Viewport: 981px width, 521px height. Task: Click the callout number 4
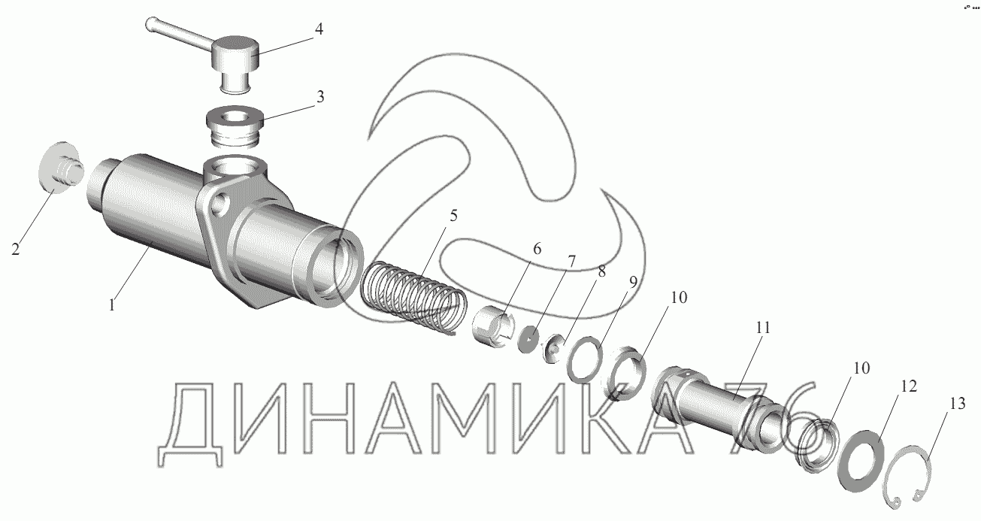pyautogui.click(x=319, y=29)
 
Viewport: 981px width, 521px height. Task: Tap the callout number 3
pyautogui.click(x=320, y=97)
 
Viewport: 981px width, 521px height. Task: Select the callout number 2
pyautogui.click(x=16, y=250)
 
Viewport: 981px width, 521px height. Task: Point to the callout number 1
pyautogui.click(x=112, y=304)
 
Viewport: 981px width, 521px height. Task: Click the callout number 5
pyautogui.click(x=453, y=216)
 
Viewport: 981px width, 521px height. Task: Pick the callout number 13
pyautogui.click(x=958, y=403)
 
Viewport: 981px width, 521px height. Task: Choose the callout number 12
pyautogui.click(x=909, y=386)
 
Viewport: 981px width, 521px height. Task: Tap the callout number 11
pyautogui.click(x=762, y=328)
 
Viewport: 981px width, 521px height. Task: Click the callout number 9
pyautogui.click(x=633, y=283)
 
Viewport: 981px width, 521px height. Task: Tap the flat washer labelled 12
pyautogui.click(x=861, y=461)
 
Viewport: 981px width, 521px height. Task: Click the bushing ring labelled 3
pyautogui.click(x=235, y=126)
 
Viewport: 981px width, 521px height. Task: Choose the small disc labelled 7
pyautogui.click(x=528, y=338)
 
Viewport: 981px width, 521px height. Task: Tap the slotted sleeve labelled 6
pyautogui.click(x=492, y=326)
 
